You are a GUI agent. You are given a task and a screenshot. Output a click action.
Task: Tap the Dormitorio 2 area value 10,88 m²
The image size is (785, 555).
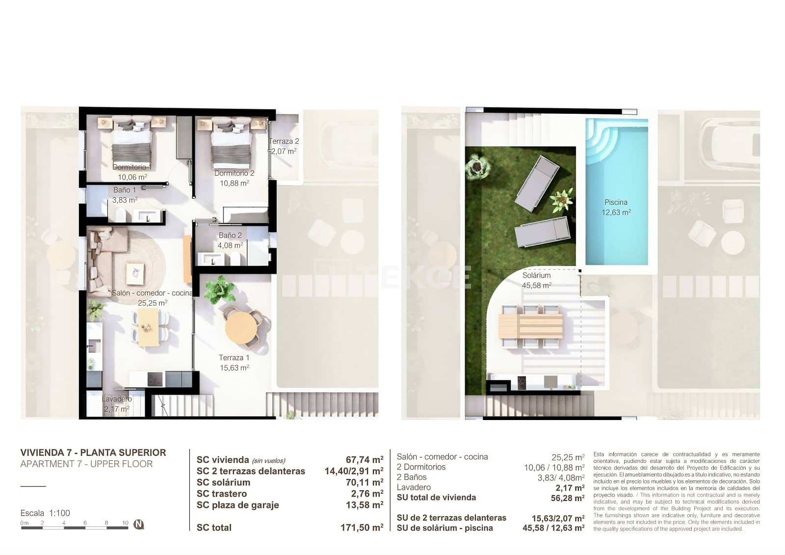pos(234,183)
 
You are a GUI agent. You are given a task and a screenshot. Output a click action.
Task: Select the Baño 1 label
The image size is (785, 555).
pos(124,190)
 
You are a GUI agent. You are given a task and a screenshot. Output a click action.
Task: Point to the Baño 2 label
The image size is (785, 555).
pos(230,235)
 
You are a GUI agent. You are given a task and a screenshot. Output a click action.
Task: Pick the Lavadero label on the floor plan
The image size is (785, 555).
pos(116,399)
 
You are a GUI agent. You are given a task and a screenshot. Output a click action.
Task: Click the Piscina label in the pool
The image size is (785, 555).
pos(616,202)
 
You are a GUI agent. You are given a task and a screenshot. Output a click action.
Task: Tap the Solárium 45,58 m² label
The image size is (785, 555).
pos(536,280)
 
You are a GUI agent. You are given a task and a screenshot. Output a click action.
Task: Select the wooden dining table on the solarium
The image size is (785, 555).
pos(530,326)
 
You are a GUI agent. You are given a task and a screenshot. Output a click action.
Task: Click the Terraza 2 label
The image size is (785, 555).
pos(284,141)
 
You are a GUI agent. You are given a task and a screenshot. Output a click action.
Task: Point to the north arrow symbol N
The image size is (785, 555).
pos(139,524)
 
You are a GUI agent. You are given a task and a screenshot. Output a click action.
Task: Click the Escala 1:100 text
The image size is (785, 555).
pos(45,513)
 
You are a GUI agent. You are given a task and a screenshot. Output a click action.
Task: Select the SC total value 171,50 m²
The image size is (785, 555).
pos(362,528)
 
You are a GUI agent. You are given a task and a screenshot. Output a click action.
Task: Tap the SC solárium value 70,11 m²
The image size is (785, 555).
pos(364,482)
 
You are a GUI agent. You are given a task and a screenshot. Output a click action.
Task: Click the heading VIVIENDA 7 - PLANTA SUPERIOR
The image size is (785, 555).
pos(93,452)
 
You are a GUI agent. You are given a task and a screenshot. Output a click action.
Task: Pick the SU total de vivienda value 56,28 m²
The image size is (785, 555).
pos(567,498)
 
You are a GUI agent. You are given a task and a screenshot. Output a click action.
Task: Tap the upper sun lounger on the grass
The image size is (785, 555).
pos(537,183)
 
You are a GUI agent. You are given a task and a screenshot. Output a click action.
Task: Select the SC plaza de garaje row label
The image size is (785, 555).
pos(237,505)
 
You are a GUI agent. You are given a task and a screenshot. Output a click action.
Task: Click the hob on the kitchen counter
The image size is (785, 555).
pos(156,379)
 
